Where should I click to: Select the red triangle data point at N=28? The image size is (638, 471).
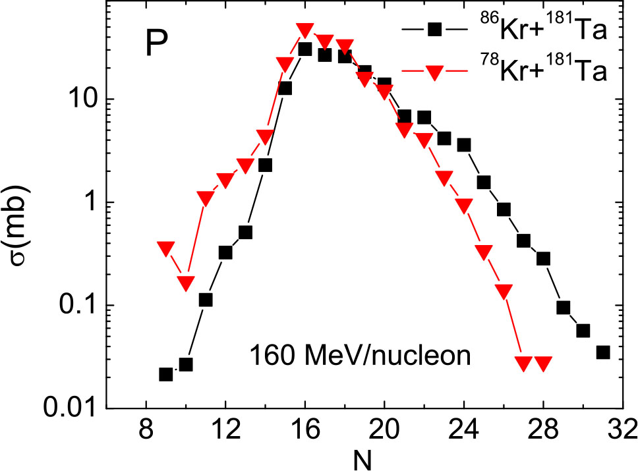point(543,363)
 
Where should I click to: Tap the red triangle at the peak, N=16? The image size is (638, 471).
point(304,30)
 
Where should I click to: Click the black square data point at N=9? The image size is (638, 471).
point(166,374)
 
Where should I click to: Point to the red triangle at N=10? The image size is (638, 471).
point(186,283)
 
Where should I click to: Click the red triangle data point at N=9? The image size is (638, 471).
point(166,248)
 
